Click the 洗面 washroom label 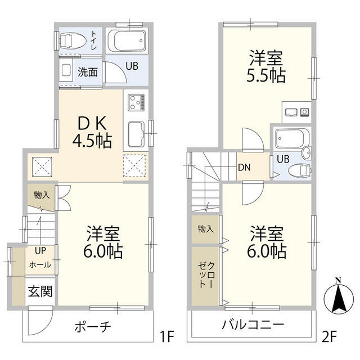point(88,72)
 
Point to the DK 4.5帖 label point(89,132)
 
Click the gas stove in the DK point(137,103)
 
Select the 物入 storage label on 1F point(41,195)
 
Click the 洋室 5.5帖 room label point(267,67)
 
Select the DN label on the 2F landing point(244,167)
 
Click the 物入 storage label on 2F point(205,229)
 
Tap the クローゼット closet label point(206,275)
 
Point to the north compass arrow point(337,295)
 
